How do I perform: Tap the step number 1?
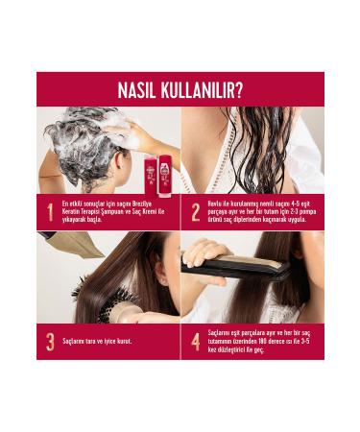coord(50,212)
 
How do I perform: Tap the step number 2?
coord(196,212)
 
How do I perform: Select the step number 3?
coord(50,341)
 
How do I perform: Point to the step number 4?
coord(196,341)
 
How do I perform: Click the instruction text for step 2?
coord(258,211)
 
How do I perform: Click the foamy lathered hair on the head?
coord(86,144)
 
